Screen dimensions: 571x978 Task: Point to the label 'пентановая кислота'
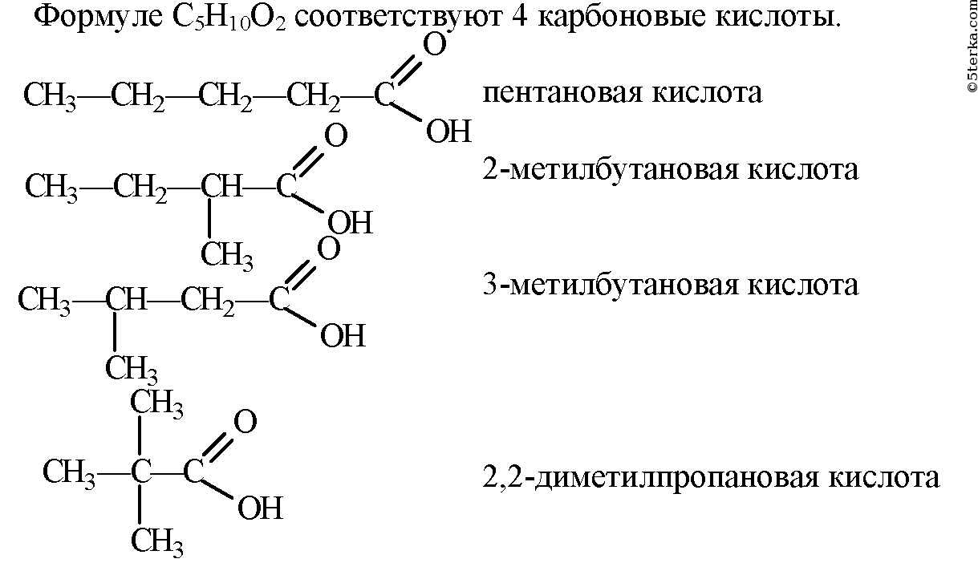point(622,92)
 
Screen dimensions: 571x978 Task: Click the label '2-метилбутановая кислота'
point(670,169)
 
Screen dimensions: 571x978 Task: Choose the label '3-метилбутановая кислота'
point(670,285)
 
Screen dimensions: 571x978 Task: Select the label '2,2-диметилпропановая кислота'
point(710,477)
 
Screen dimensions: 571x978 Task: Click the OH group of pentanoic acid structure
point(448,132)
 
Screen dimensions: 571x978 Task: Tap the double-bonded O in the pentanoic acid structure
point(433,46)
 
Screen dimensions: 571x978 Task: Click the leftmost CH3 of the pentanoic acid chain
point(50,96)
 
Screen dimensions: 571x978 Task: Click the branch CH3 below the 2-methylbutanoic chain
point(227,256)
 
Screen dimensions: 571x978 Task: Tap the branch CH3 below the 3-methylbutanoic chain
point(132,369)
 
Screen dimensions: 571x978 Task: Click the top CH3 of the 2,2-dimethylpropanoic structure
point(157,403)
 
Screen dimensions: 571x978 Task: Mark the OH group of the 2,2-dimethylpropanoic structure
point(261,508)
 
